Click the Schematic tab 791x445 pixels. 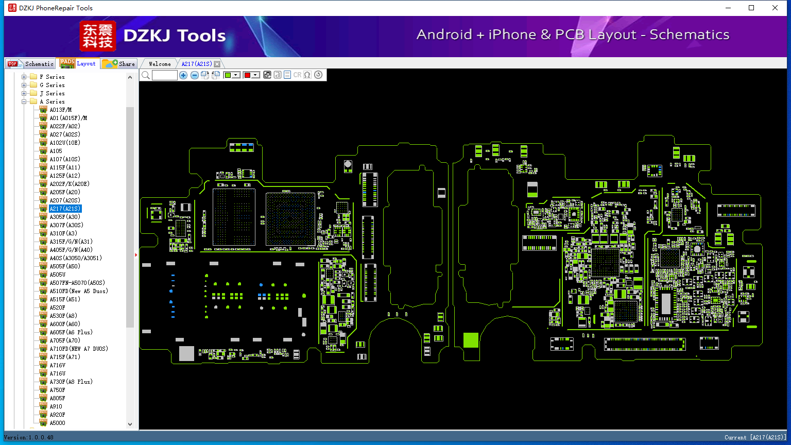[x=31, y=63]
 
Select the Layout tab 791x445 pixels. [x=78, y=63]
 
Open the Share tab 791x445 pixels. [x=118, y=63]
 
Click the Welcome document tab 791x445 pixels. [x=160, y=64]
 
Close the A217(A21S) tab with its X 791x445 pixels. [x=217, y=64]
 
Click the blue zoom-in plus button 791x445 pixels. [x=183, y=75]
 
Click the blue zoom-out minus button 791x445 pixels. [x=194, y=75]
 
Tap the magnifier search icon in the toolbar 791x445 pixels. [x=146, y=75]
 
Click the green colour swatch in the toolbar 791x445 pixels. [x=228, y=75]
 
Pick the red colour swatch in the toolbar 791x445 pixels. [x=247, y=75]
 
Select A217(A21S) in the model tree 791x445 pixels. [x=65, y=209]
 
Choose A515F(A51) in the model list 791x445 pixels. [x=65, y=299]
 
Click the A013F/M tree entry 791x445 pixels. [x=61, y=110]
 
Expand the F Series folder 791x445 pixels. [x=24, y=77]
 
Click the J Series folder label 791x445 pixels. [x=52, y=93]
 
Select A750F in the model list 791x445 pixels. [x=57, y=390]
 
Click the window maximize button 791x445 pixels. [x=751, y=8]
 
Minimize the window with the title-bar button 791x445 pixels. [x=728, y=8]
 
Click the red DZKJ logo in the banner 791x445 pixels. [x=98, y=36]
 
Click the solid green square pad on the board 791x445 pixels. [x=471, y=340]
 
